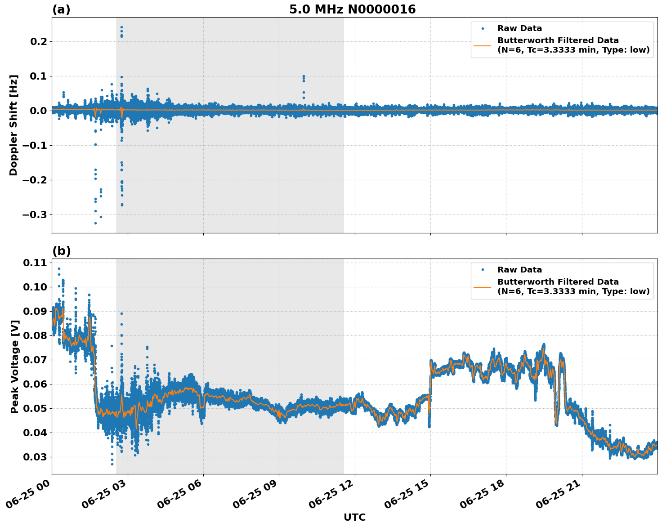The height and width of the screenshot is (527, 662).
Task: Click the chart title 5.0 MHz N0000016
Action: click(352, 9)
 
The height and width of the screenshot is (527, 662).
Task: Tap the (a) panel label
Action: click(61, 9)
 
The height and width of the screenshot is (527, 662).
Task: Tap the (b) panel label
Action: click(61, 251)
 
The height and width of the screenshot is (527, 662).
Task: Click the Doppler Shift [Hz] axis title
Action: click(13, 125)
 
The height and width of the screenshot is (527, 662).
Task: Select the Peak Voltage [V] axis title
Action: click(14, 366)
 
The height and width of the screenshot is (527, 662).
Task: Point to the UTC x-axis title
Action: click(354, 517)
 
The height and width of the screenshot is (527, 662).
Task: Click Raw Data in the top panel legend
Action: click(519, 28)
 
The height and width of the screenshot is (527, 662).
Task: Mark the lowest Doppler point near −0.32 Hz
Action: click(95, 223)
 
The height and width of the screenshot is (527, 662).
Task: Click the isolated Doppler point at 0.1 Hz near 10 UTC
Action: click(304, 76)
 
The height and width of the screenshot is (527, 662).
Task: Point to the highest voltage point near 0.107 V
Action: click(59, 268)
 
